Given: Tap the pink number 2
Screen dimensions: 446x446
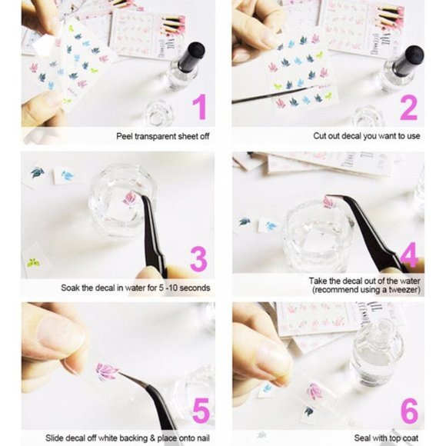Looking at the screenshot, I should [x=408, y=107].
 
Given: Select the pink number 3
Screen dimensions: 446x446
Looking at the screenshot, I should [x=199, y=259].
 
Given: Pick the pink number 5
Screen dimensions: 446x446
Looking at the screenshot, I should [x=200, y=411].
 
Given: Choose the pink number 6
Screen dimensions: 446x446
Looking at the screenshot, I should [x=409, y=411].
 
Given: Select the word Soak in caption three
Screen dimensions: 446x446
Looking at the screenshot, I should [x=72, y=288].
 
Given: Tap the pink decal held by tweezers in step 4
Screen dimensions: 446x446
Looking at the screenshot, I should [x=328, y=203].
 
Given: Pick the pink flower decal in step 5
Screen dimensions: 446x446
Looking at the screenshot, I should [x=105, y=372].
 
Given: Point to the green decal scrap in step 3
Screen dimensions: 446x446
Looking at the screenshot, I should [x=33, y=263].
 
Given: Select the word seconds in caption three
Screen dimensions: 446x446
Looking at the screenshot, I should [x=193, y=288].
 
